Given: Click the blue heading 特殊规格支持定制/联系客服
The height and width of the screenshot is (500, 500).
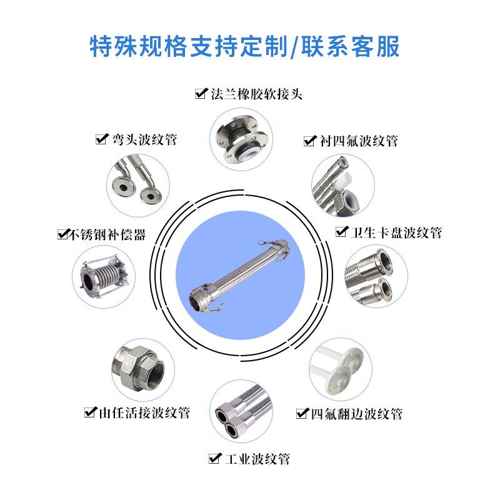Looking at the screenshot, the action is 244,46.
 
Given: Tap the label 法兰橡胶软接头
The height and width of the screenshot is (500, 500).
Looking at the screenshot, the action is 256,94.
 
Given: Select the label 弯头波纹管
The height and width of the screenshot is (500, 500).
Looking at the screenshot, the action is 144,139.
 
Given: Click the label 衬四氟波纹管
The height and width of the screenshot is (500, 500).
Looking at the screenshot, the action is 359,141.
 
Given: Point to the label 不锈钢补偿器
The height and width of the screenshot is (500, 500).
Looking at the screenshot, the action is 107,235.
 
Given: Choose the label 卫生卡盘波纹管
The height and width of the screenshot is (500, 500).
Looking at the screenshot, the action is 396,232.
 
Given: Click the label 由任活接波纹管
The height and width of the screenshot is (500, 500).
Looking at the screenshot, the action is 144,412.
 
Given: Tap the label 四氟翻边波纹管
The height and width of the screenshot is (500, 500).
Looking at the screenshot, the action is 356,414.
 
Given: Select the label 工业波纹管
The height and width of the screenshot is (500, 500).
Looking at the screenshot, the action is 257,459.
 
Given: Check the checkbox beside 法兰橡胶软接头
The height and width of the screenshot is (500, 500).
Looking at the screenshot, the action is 201,94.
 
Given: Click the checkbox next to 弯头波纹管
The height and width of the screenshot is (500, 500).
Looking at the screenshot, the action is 102,139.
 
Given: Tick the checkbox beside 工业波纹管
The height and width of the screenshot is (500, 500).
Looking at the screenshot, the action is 214,459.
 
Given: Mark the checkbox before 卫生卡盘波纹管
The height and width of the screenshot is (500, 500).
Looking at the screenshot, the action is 341,231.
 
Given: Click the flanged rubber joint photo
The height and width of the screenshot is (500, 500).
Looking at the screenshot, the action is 241,139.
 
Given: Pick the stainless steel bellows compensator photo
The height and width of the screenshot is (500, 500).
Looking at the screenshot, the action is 104,277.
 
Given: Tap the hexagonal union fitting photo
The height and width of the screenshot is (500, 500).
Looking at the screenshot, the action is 143,370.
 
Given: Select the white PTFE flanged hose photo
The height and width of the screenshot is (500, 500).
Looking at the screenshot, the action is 341,369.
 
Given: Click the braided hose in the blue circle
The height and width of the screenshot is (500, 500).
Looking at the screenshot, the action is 240,275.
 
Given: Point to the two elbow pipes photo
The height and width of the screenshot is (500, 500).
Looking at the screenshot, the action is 138,185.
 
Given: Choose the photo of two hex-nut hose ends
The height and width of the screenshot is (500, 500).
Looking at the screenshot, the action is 241,411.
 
